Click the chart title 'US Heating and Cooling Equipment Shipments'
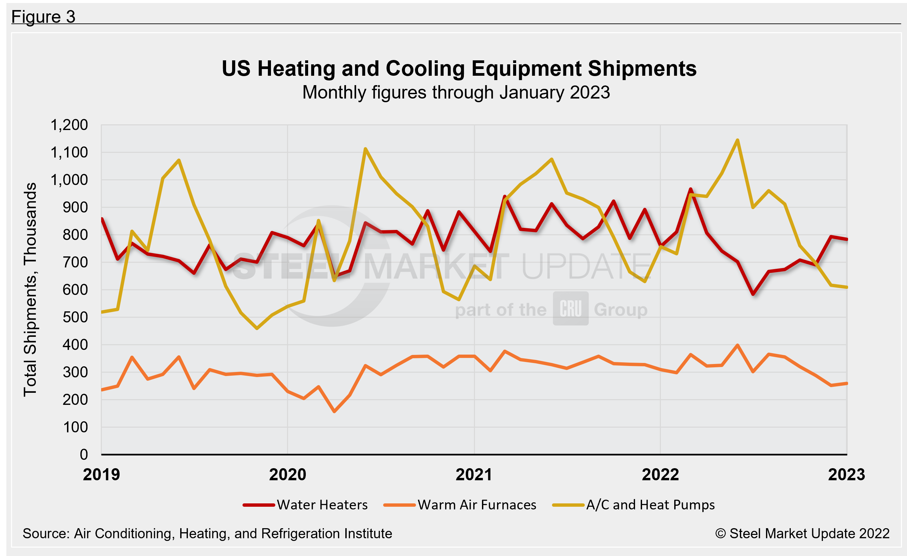[459, 69]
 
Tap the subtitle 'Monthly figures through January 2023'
[456, 92]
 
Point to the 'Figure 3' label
[43, 17]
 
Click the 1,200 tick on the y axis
[69, 125]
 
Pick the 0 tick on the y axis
[84, 455]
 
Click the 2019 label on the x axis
[101, 475]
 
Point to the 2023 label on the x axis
[846, 475]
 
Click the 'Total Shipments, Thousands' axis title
[30, 290]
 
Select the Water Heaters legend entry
[305, 505]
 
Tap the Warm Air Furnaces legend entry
[460, 505]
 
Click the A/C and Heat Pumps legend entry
[633, 505]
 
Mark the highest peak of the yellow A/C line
[737, 140]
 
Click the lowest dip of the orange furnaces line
[334, 411]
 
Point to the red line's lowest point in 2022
[753, 294]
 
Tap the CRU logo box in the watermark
[570, 309]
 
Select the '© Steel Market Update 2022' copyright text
[802, 534]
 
